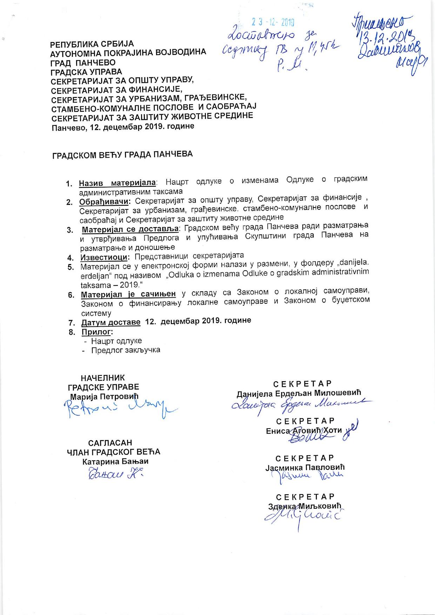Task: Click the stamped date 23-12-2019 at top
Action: tap(273, 23)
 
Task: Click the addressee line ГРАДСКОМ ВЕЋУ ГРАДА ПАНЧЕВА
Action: tap(122, 154)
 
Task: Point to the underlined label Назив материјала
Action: tap(117, 183)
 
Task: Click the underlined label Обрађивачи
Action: tap(105, 202)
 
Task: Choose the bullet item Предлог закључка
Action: tap(126, 350)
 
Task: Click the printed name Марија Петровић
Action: tap(105, 397)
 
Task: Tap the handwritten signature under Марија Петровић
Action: tap(119, 409)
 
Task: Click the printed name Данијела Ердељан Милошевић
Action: tap(299, 393)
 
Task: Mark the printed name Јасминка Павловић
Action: tap(305, 467)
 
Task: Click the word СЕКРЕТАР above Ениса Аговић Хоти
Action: tap(305, 421)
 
